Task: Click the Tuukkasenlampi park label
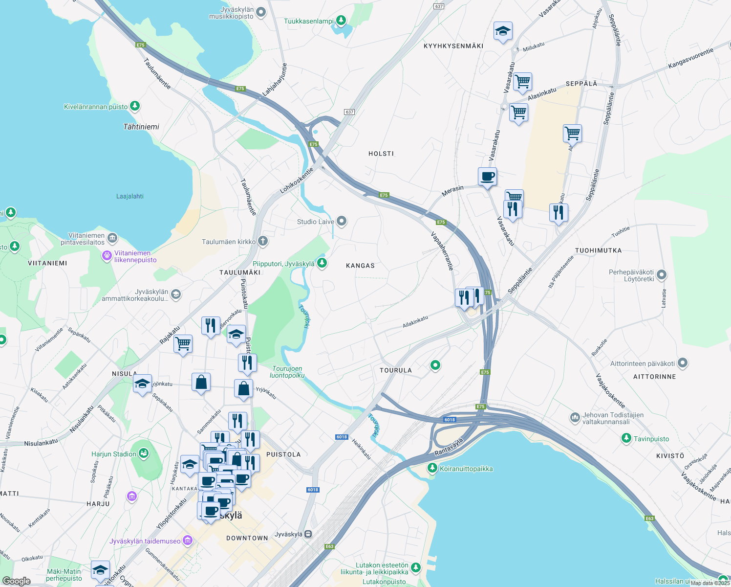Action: coord(308,21)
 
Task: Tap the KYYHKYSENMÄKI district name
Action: coord(453,46)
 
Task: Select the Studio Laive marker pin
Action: coord(342,222)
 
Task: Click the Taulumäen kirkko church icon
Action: coord(263,241)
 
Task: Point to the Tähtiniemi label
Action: coord(141,127)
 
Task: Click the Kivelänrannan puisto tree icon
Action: coord(135,106)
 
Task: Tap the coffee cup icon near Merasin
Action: coord(487,176)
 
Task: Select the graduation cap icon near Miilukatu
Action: coord(503,32)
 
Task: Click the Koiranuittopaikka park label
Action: coord(466,469)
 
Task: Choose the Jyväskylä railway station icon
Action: coord(308,534)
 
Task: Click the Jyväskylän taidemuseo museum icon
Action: coord(188,541)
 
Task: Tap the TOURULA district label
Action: coord(396,370)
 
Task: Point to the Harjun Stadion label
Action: coord(114,454)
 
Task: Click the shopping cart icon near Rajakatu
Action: coord(183,344)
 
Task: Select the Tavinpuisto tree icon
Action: coord(626,438)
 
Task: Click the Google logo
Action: coord(16,581)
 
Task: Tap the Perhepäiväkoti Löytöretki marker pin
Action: coord(662,275)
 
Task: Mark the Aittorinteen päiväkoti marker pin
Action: coord(683,363)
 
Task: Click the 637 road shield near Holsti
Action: coord(349,112)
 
